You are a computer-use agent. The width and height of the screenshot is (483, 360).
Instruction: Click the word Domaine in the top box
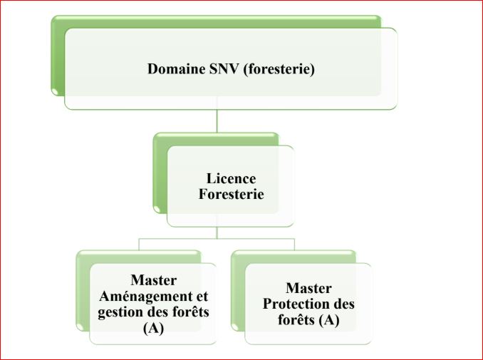(x=175, y=69)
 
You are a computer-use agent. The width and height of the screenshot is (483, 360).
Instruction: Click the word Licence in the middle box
(x=231, y=178)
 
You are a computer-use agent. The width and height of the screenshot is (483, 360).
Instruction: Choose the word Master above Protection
(x=309, y=289)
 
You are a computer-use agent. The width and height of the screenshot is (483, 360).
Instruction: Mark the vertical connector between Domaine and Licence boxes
(x=217, y=120)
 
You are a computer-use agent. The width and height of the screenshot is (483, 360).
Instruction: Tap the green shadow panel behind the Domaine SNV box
(x=57, y=57)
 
